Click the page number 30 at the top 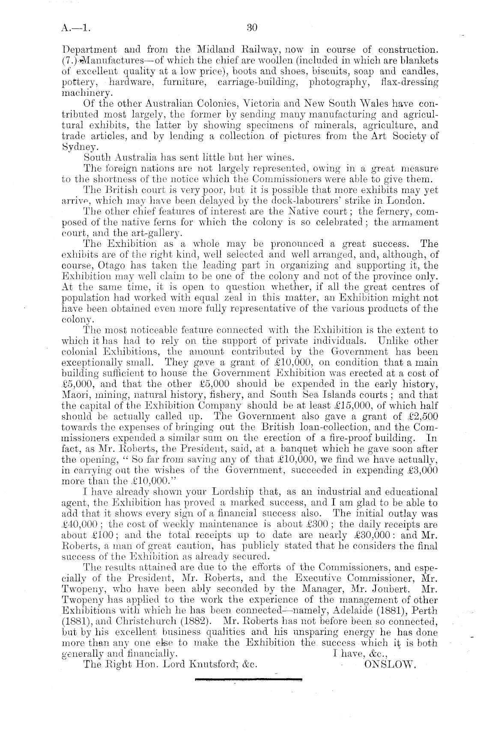point(251,28)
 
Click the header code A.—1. point(76,29)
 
